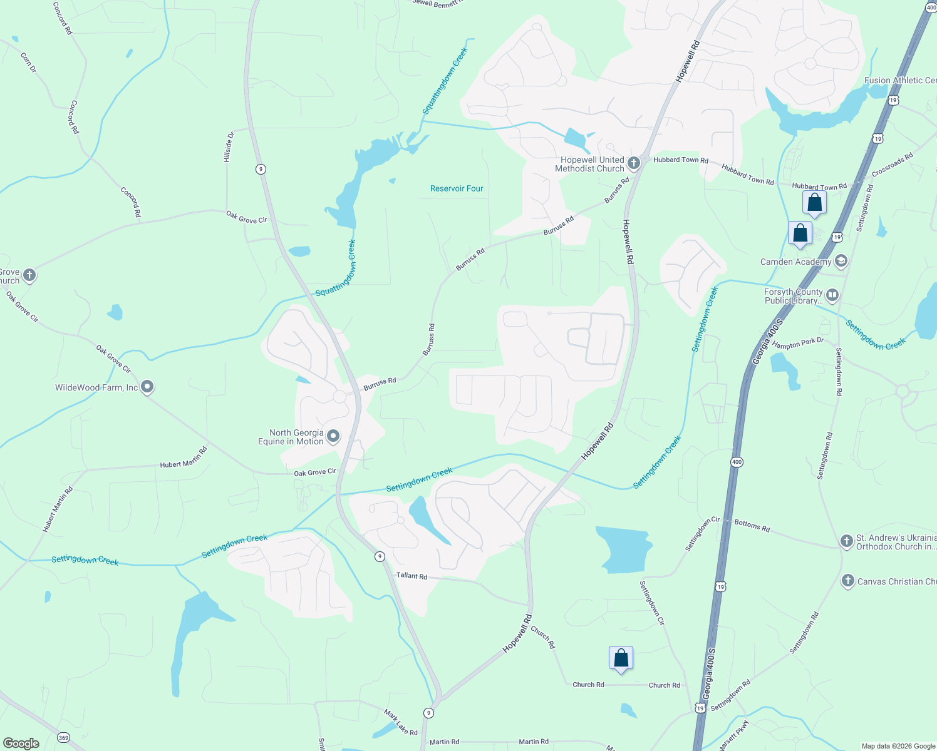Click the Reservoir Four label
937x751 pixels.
click(457, 188)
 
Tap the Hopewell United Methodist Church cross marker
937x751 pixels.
click(634, 164)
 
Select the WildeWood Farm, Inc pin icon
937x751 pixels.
click(147, 387)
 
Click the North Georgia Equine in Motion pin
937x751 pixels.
click(333, 436)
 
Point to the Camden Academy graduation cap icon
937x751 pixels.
click(841, 261)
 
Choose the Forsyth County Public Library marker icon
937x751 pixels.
click(832, 295)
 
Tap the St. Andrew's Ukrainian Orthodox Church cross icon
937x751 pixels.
click(846, 541)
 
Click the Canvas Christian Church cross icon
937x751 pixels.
click(847, 581)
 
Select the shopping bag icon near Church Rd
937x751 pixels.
click(621, 658)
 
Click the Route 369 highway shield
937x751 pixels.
click(63, 738)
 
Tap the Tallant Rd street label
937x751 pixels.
click(412, 576)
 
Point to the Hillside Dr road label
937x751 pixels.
click(229, 147)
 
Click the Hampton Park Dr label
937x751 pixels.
click(797, 344)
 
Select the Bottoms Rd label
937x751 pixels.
click(752, 526)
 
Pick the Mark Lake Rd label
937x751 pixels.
click(400, 722)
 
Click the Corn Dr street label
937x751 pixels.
click(28, 63)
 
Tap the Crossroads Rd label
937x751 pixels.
click(892, 165)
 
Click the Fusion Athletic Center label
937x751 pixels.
click(900, 80)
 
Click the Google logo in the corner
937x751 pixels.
click(21, 743)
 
